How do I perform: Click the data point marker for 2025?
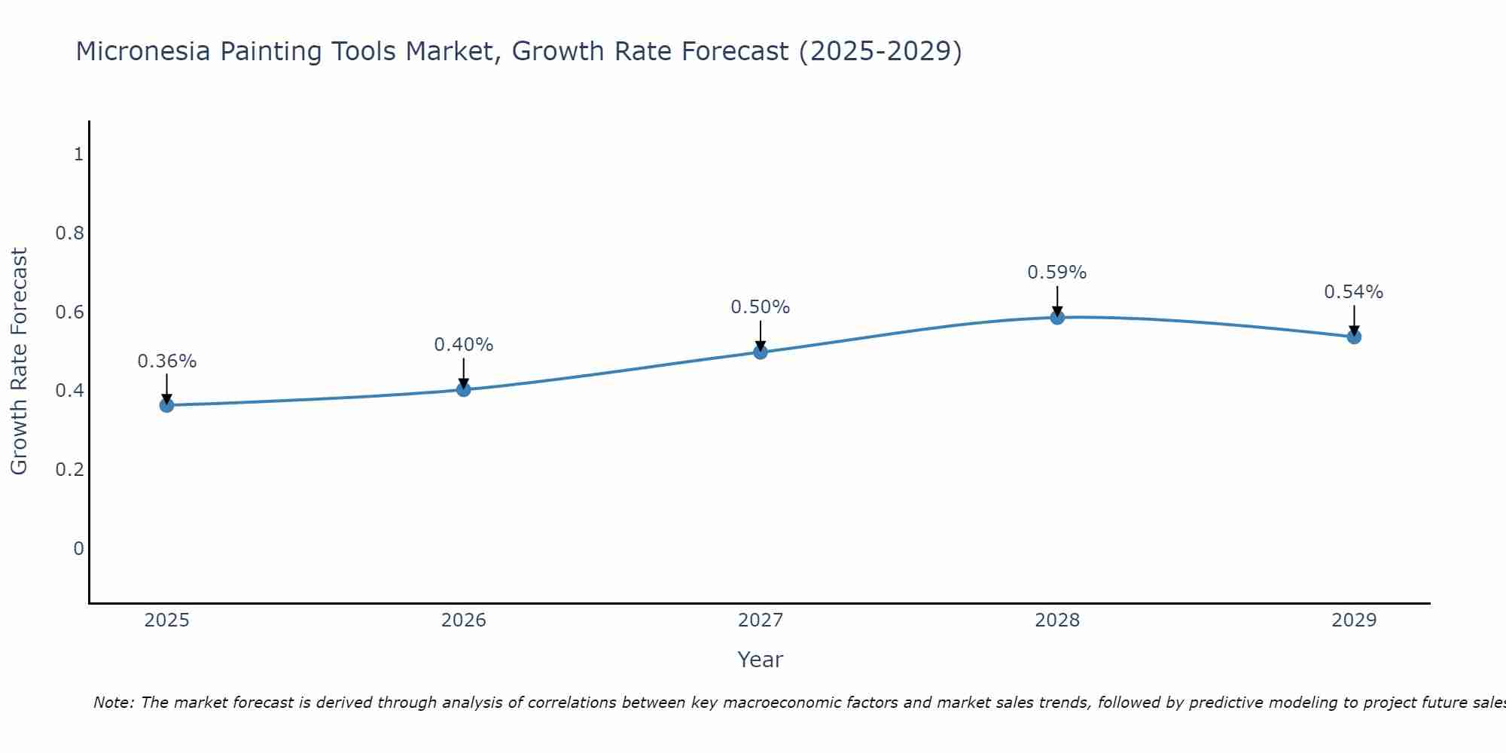(x=166, y=405)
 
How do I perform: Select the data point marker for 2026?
(x=463, y=389)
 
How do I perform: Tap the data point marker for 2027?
(x=760, y=352)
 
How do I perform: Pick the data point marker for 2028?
(x=1056, y=317)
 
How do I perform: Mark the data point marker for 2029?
(x=1353, y=337)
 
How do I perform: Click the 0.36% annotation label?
(x=166, y=361)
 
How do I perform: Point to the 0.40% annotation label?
(x=463, y=345)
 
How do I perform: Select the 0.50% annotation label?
(x=760, y=307)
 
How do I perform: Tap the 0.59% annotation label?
(x=1056, y=273)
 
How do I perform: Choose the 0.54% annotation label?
(x=1353, y=292)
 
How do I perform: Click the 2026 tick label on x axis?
(x=463, y=620)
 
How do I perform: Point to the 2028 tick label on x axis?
(x=1056, y=620)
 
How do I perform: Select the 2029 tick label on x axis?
(x=1353, y=620)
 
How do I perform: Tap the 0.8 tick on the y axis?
(x=69, y=233)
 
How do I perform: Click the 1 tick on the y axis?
(x=78, y=154)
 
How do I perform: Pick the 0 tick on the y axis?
(x=78, y=549)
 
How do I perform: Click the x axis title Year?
(x=760, y=660)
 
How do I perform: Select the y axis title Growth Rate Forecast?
(x=20, y=361)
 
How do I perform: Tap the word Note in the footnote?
(x=113, y=703)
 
